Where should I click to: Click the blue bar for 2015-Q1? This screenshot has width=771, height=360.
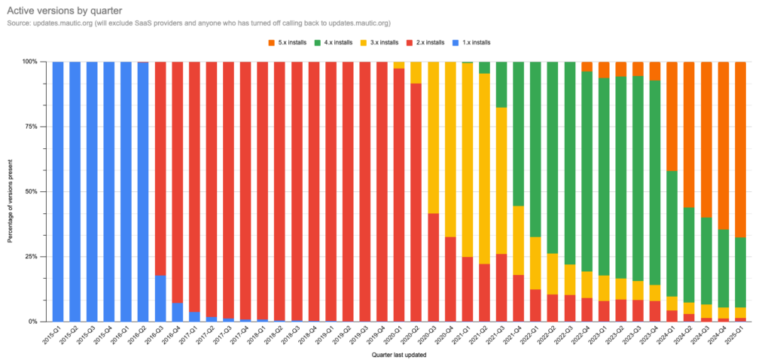click(x=58, y=191)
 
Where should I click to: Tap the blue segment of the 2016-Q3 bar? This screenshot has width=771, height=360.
click(x=160, y=298)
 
